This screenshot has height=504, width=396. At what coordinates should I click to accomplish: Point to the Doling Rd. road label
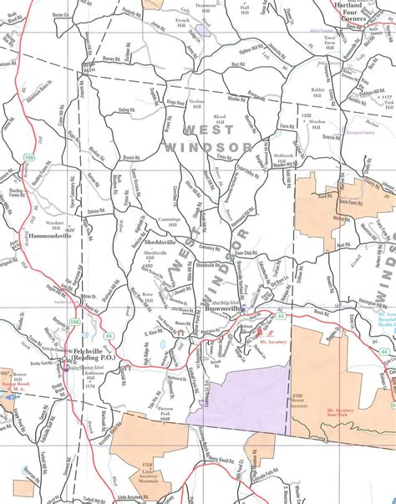[128, 109]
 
